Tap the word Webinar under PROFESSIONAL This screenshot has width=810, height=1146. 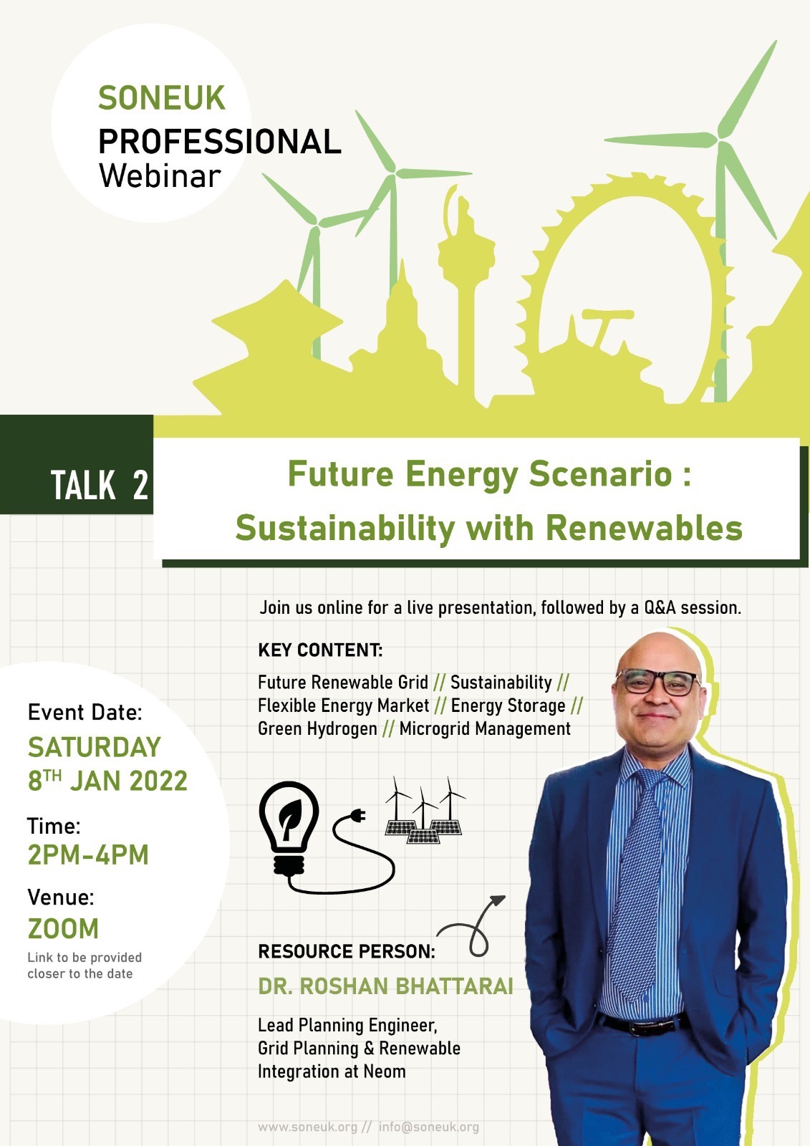(x=160, y=176)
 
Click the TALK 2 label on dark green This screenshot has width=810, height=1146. (x=100, y=485)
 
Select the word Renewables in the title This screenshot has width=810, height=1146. (x=645, y=527)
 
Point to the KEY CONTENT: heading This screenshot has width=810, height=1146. (x=320, y=650)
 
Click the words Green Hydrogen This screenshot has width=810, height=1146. (x=317, y=729)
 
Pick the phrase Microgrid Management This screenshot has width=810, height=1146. (x=485, y=728)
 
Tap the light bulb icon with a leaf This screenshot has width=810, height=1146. (x=289, y=824)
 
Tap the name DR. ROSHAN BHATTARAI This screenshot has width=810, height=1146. (x=385, y=986)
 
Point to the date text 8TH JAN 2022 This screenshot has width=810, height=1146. (x=107, y=781)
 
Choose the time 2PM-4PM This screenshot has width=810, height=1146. (x=88, y=854)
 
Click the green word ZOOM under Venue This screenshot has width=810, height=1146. (x=63, y=928)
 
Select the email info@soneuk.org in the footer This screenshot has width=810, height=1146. (x=429, y=1127)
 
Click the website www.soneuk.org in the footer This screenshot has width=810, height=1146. (x=307, y=1127)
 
